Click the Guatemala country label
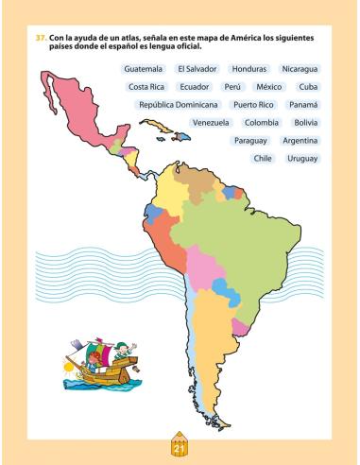click(x=144, y=69)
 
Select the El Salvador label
click(x=197, y=69)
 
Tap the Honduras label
click(x=249, y=69)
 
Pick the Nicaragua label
click(x=300, y=69)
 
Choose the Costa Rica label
click(x=146, y=86)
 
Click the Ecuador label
click(x=194, y=86)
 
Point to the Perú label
click(x=232, y=86)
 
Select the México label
click(x=268, y=86)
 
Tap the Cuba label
click(x=308, y=86)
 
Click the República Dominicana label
click(x=179, y=104)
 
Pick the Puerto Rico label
click(x=253, y=104)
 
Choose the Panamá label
click(x=303, y=104)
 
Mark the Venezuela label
click(x=211, y=122)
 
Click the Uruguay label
click(x=302, y=158)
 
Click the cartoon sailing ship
click(x=99, y=364)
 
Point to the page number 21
click(x=178, y=436)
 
